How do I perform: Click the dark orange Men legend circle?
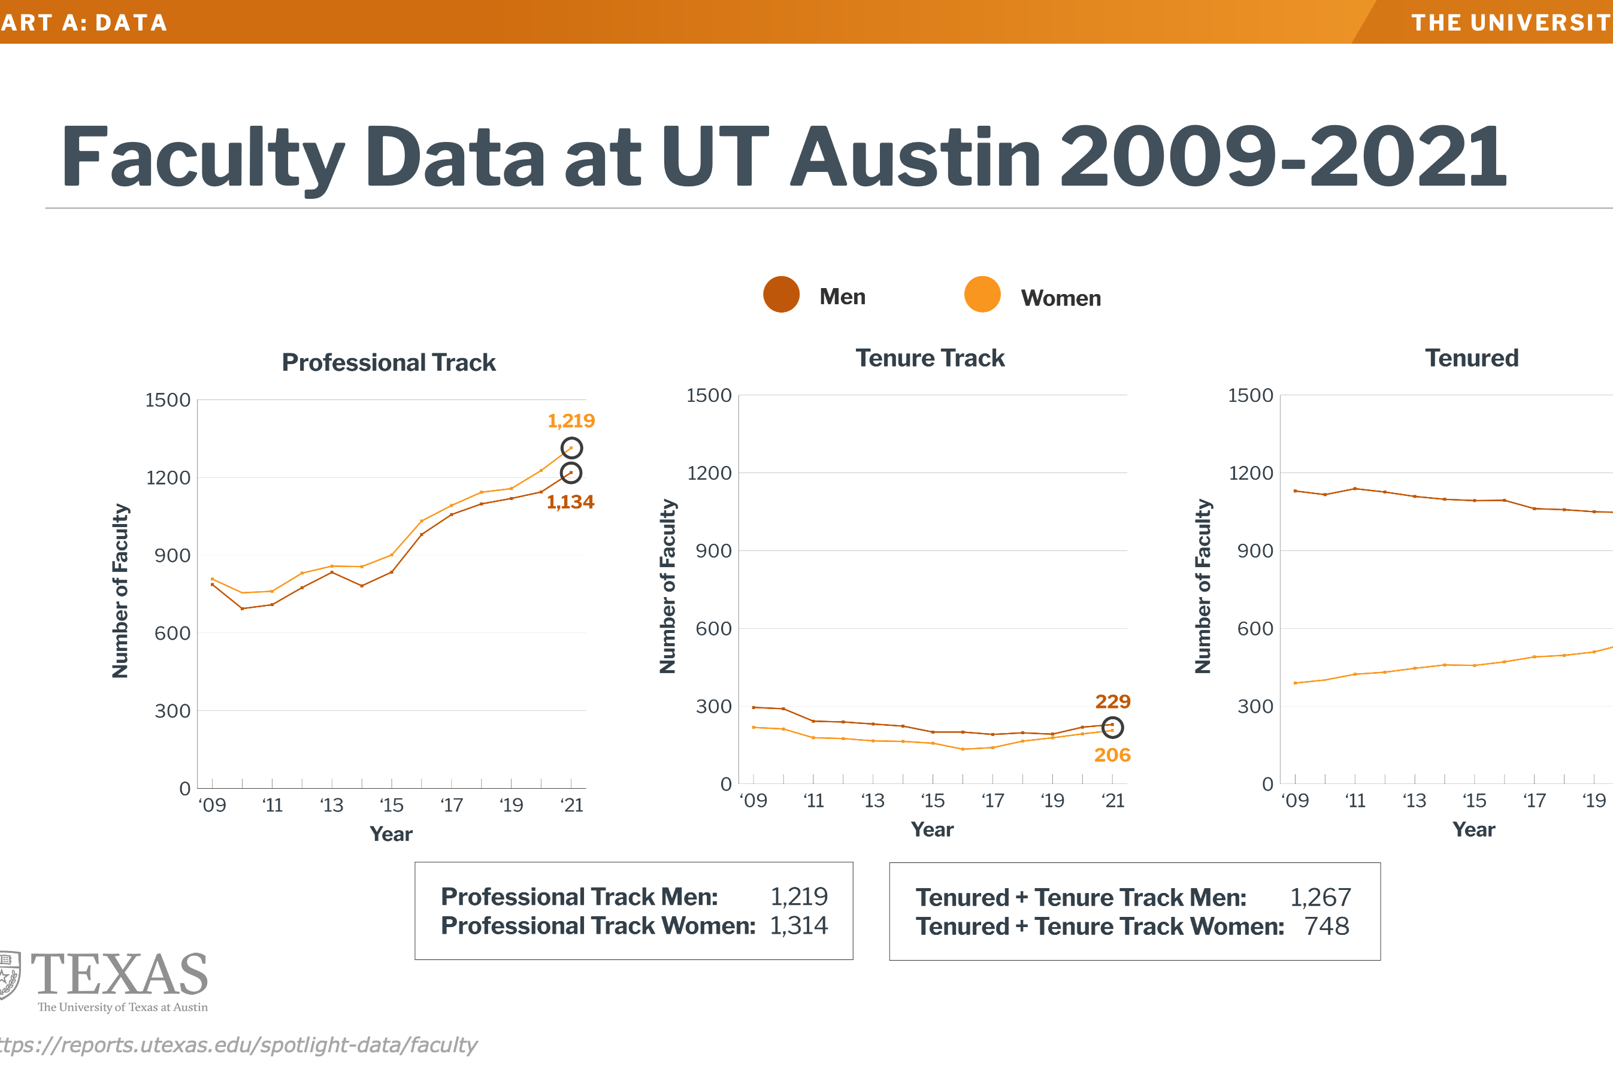(x=781, y=295)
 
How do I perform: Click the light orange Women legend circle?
(x=982, y=295)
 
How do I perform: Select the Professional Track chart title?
(x=389, y=362)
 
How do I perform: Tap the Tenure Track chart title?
(x=930, y=358)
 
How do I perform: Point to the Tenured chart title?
(x=1472, y=358)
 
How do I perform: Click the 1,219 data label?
(x=571, y=421)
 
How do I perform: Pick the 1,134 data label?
(x=570, y=502)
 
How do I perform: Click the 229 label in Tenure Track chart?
(x=1112, y=702)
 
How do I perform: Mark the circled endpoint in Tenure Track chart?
(x=1112, y=728)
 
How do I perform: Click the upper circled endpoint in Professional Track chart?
(x=571, y=448)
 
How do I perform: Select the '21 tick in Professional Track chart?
(x=571, y=805)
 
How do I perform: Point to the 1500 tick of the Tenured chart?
(x=1250, y=395)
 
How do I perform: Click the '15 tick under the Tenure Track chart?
(x=933, y=801)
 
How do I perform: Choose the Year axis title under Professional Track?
(x=391, y=834)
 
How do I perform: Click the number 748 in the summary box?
(x=1326, y=926)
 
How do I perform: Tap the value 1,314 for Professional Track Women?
(x=798, y=926)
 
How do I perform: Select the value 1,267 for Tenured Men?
(x=1320, y=897)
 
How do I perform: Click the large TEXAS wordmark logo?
(x=119, y=975)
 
